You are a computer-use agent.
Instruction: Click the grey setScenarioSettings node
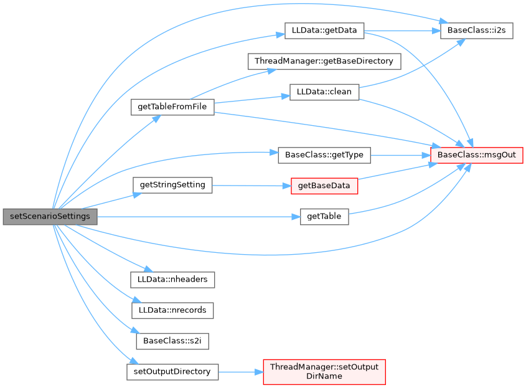50,217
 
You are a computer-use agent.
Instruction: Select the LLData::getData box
324,31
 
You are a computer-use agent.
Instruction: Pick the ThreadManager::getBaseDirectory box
324,61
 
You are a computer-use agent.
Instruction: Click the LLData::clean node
324,92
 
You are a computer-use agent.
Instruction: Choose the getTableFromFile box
172,107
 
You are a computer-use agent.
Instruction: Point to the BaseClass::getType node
324,154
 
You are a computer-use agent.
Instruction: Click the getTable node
324,217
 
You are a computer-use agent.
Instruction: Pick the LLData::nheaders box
172,280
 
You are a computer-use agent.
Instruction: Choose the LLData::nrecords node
172,310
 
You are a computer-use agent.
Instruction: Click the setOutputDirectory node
172,372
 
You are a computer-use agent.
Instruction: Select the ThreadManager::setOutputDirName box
324,372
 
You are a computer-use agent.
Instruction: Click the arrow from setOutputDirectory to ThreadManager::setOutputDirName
240,372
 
